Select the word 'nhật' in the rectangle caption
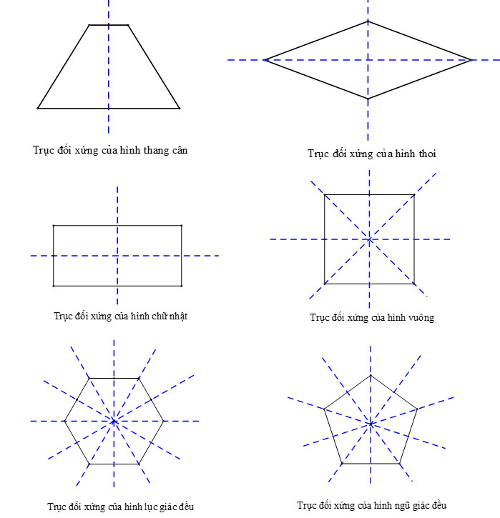pyautogui.click(x=179, y=316)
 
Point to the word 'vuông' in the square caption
pyautogui.click(x=421, y=318)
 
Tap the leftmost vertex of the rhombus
pyautogui.click(x=265, y=60)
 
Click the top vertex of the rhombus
pyautogui.click(x=368, y=21)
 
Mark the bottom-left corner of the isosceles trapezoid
pyautogui.click(x=38, y=109)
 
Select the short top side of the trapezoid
pyautogui.click(x=109, y=25)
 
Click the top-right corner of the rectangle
pyautogui.click(x=182, y=226)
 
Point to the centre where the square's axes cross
pyautogui.click(x=370, y=239)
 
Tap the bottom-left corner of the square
pyautogui.click(x=325, y=284)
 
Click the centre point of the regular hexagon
pyautogui.click(x=114, y=422)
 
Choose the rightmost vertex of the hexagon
pyautogui.click(x=163, y=422)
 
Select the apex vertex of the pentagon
pyautogui.click(x=371, y=376)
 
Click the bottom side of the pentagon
pyautogui.click(x=371, y=464)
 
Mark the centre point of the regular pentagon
pyautogui.click(x=371, y=424)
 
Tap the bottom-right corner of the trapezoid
pyautogui.click(x=180, y=109)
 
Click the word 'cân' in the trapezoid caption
pyautogui.click(x=180, y=150)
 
